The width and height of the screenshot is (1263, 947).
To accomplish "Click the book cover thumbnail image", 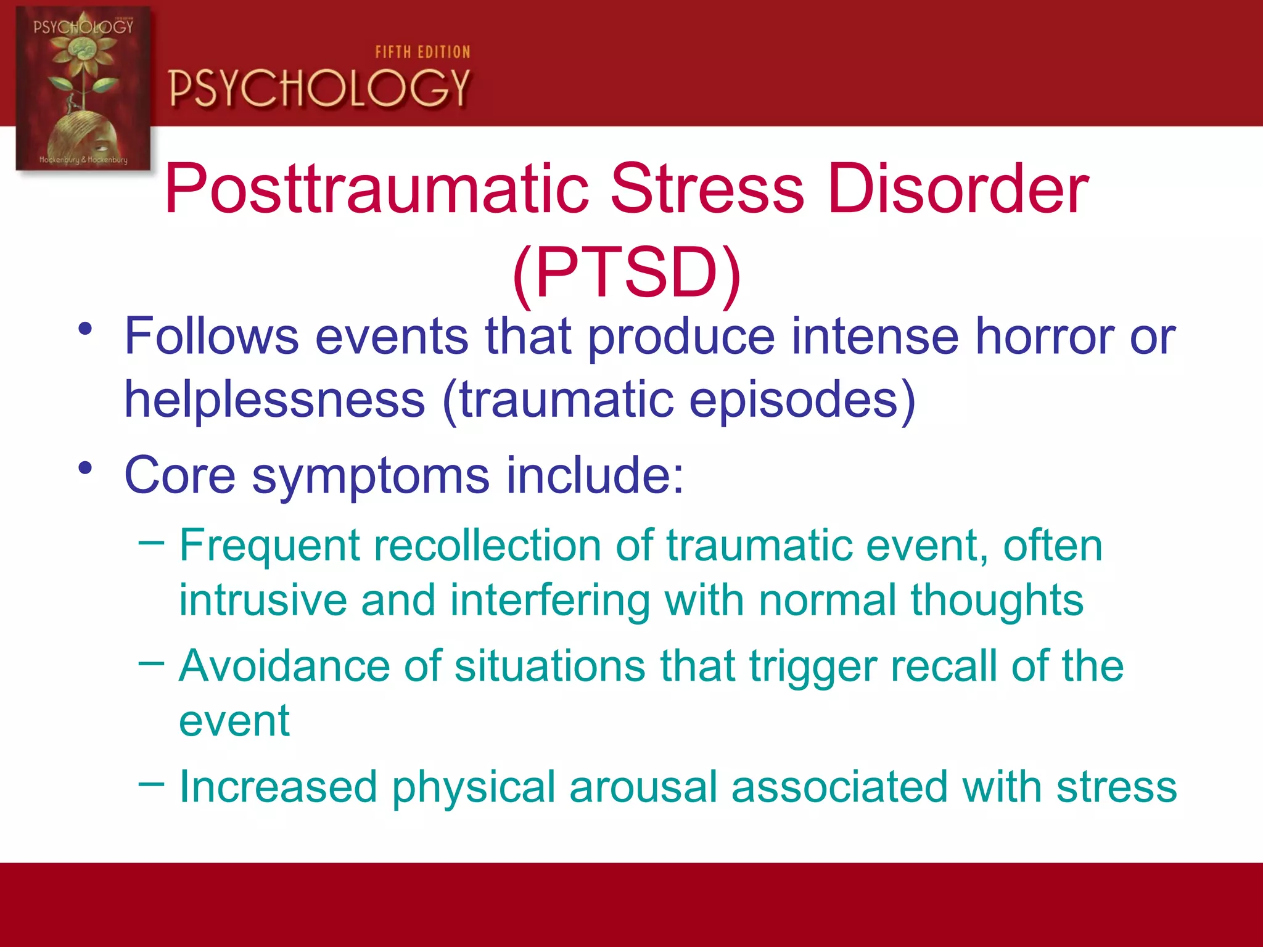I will point(83,89).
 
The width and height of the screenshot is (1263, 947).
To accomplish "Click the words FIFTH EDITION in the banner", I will point(422,52).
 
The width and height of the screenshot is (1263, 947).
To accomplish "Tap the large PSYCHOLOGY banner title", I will point(319,88).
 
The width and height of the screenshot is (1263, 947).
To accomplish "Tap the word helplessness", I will point(274,400).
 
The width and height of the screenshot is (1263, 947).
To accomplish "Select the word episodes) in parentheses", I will point(802,400).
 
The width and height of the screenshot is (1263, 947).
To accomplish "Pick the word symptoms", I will point(370,476).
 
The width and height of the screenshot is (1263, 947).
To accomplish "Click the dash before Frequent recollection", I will point(152,543).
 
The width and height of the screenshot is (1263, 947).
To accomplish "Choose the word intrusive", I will point(263,600).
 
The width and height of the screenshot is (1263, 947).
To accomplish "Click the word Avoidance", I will point(284,666).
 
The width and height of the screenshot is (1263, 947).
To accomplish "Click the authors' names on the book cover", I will point(83,160).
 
